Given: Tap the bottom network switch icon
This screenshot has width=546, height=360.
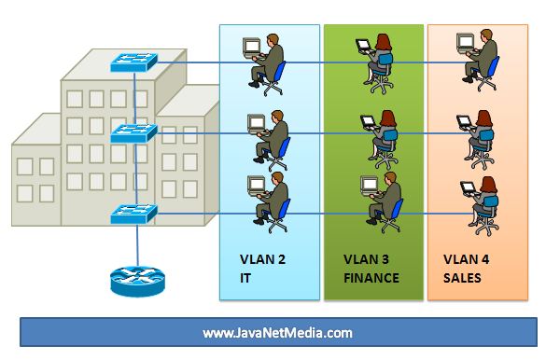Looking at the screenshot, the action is (135, 213).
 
